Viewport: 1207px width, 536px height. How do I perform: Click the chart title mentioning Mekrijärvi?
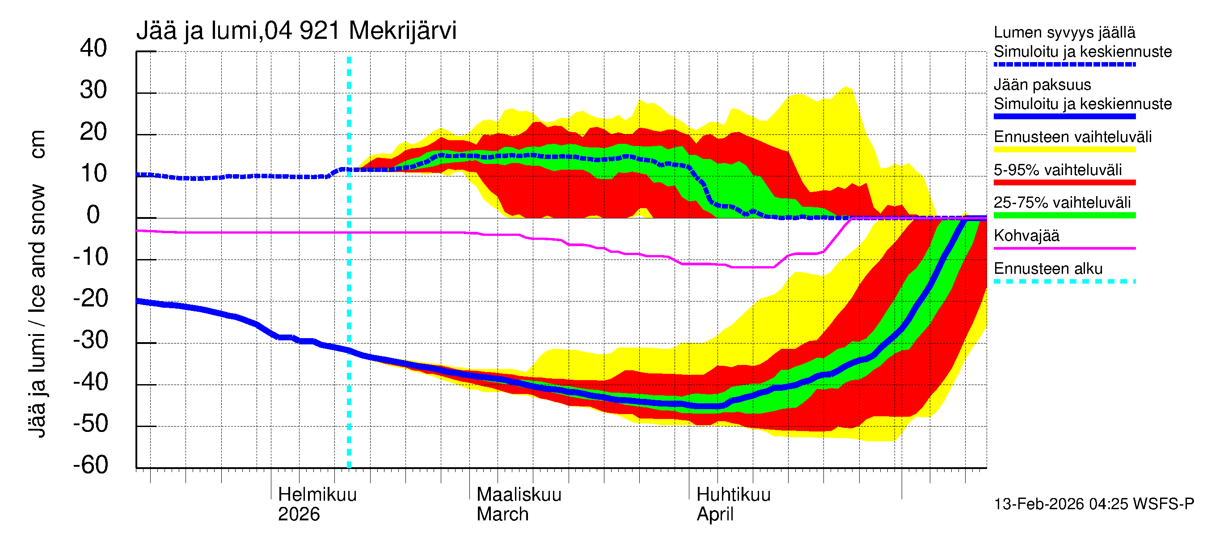click(296, 31)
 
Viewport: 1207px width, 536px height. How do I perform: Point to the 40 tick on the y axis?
click(93, 48)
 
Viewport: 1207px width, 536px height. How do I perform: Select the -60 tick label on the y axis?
click(90, 465)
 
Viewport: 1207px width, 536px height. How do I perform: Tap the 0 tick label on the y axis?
click(93, 215)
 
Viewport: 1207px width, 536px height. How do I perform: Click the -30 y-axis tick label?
click(90, 340)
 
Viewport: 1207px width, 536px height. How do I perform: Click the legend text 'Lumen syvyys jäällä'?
click(1064, 32)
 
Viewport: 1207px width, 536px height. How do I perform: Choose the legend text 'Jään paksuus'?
click(1042, 85)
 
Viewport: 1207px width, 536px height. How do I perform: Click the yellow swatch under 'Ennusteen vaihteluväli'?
click(1064, 150)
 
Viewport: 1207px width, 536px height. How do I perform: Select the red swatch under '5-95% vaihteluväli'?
click(1064, 183)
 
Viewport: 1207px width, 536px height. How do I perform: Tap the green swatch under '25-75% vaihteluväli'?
click(1064, 215)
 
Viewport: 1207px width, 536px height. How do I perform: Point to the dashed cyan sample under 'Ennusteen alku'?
click(1064, 281)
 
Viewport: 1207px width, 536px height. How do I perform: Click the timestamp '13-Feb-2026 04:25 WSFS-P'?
click(1093, 504)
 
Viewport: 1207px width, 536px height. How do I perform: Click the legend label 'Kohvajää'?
click(1026, 235)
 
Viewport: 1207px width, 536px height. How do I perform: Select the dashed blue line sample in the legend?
click(1064, 65)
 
